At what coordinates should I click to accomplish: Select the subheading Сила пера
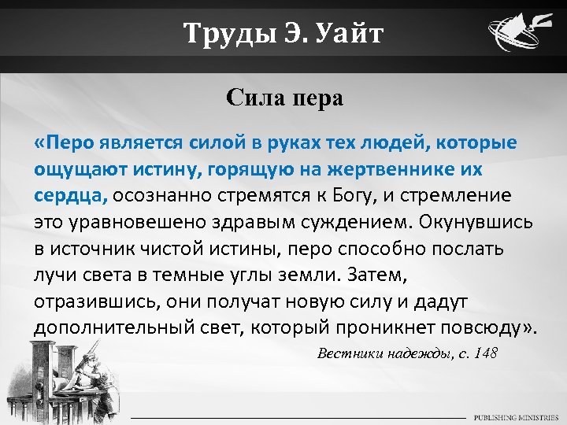click(x=284, y=98)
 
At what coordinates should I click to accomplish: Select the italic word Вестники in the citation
click(x=350, y=353)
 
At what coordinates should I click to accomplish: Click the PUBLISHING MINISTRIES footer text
click(x=516, y=416)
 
